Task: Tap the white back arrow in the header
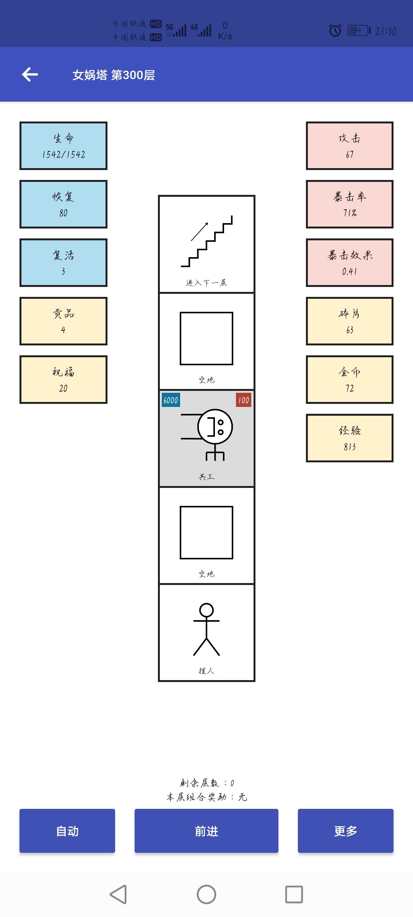(x=30, y=75)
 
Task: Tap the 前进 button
(x=206, y=831)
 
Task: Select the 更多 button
(x=346, y=831)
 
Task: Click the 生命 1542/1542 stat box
(x=63, y=146)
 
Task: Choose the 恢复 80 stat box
(x=63, y=204)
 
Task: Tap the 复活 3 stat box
(x=63, y=262)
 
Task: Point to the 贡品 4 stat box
(x=63, y=321)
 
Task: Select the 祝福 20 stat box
(x=63, y=379)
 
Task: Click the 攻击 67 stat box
(x=350, y=146)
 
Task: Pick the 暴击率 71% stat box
(x=350, y=204)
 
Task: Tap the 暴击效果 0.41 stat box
(x=350, y=262)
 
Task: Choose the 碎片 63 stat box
(x=350, y=321)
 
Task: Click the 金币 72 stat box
(x=350, y=379)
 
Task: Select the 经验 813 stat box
(x=350, y=438)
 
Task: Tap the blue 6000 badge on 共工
(x=171, y=400)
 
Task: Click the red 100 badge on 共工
(x=244, y=400)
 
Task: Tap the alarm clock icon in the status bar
(x=335, y=30)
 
